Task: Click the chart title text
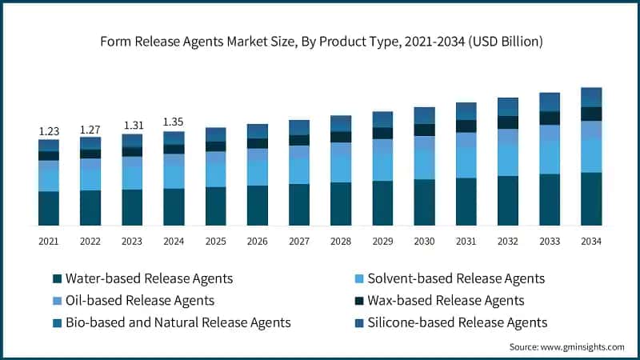coord(319,42)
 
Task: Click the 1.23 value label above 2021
coord(49,131)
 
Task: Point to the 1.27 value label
coord(90,129)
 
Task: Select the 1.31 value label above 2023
coord(132,126)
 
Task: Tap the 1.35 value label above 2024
coord(174,122)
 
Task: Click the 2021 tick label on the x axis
coord(49,241)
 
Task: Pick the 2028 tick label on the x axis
coord(341,241)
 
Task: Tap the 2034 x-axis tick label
coord(590,241)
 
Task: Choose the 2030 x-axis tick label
coord(424,241)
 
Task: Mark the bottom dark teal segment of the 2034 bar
coord(590,198)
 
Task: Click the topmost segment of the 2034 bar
coord(590,97)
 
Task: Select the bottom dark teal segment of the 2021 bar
coord(49,208)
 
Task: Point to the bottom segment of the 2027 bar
coord(299,204)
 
